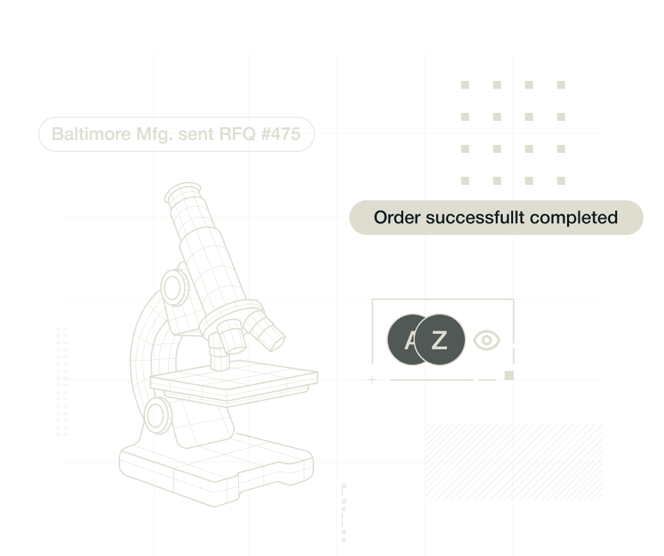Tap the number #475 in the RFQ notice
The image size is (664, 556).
pos(281,134)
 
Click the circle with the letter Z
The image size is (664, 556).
pos(440,340)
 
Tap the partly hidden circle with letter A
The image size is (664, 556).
pos(399,340)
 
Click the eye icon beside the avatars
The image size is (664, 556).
pos(486,340)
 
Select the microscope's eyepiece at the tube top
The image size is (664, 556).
pos(182,193)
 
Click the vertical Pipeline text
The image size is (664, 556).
pos(344,513)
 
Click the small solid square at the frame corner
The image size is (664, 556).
pos(509,376)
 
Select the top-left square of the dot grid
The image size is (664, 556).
pos(466,85)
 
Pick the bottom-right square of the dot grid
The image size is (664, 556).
pos(561,181)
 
